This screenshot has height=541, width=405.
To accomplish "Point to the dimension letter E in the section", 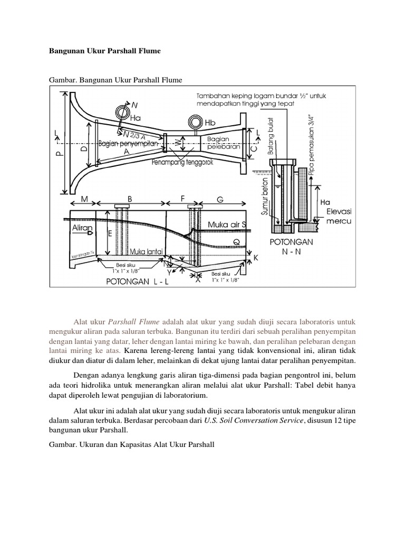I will click(110, 233).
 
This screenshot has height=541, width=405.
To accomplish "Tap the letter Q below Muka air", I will click(236, 241).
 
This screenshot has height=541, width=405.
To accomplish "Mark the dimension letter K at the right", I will click(256, 257).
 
